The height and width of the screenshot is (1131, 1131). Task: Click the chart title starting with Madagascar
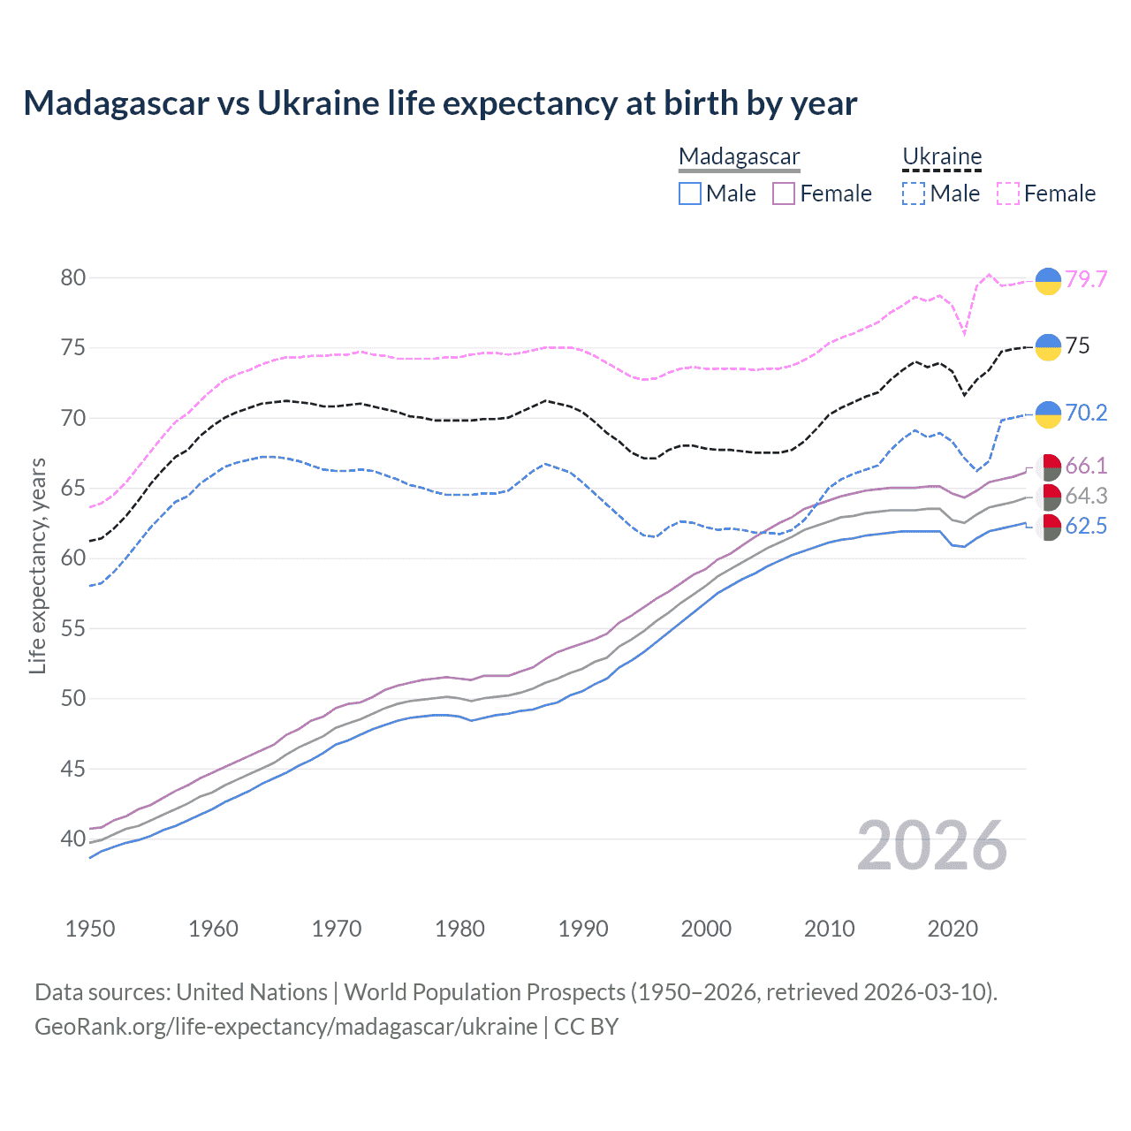click(440, 103)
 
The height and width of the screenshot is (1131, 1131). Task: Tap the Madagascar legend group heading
click(739, 156)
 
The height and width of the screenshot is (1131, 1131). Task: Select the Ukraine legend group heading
click(942, 156)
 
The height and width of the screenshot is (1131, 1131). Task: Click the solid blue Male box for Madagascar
click(690, 194)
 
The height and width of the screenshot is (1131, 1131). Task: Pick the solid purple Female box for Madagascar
click(784, 194)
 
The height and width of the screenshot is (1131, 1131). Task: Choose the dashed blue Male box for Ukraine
click(914, 194)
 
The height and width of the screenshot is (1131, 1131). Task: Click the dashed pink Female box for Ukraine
click(1008, 194)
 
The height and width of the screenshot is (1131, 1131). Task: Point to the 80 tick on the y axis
click(73, 277)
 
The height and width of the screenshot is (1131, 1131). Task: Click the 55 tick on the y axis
click(73, 628)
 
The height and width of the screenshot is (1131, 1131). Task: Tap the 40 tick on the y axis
click(73, 839)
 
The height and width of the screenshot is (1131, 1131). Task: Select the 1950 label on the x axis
click(90, 929)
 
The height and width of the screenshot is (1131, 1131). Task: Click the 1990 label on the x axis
click(583, 929)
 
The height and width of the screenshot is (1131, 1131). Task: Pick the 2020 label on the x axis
click(953, 929)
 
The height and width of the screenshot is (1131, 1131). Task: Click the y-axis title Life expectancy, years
click(37, 565)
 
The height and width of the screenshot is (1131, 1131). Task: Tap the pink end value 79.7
click(1086, 279)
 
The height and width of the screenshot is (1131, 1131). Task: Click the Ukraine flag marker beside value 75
click(1048, 346)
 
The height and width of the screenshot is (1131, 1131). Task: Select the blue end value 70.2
click(1086, 413)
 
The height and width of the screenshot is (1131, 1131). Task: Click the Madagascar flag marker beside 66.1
click(1048, 467)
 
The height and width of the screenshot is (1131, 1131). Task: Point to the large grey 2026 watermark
click(931, 846)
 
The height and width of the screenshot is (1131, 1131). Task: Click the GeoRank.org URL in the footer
click(285, 1027)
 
